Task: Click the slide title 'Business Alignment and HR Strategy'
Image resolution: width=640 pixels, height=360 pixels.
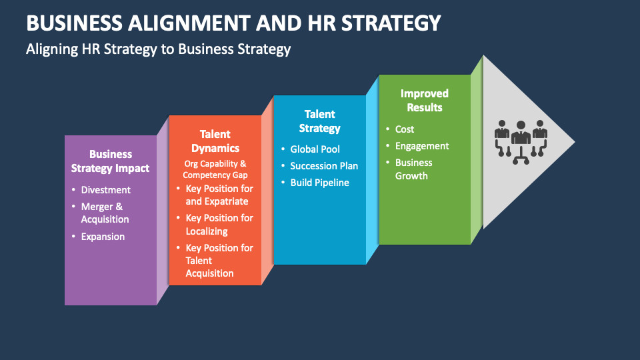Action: tap(233, 23)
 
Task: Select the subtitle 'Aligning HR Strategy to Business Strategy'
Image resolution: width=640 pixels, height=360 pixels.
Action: tap(159, 49)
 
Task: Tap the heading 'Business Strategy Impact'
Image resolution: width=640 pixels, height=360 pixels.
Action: tap(110, 161)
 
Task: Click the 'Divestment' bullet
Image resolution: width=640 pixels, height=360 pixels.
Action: tap(106, 190)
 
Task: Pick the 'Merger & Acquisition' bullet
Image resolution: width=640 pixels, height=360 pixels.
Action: tap(105, 213)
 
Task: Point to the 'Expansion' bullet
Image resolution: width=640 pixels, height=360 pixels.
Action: tap(103, 237)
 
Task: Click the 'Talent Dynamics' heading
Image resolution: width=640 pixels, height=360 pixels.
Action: tap(215, 141)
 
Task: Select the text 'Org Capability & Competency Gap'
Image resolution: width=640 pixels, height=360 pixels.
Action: tap(215, 169)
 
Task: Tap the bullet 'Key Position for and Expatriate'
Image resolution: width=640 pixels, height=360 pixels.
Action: tap(219, 195)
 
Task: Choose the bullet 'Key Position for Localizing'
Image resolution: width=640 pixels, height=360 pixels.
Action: tap(219, 225)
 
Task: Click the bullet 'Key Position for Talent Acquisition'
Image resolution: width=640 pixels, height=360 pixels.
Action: tap(219, 261)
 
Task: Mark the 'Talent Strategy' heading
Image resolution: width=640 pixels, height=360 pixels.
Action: tap(319, 121)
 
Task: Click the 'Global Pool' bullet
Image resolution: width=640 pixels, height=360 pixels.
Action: tap(315, 149)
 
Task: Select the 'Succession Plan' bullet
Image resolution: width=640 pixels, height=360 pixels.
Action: tap(324, 166)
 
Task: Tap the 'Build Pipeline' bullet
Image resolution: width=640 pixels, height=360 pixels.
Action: tap(319, 183)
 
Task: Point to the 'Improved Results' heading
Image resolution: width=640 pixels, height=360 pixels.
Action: tap(425, 101)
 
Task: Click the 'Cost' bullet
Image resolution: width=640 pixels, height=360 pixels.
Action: tap(405, 129)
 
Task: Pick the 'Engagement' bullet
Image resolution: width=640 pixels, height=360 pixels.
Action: tap(422, 146)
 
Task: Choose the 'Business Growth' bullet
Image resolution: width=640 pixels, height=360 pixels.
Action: tap(413, 169)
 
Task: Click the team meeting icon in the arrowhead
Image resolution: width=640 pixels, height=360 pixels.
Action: tap(521, 142)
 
